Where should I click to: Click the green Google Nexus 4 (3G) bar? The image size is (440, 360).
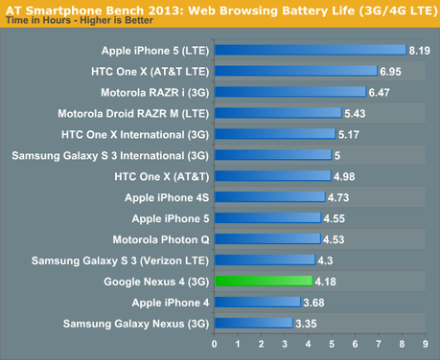[x=263, y=281]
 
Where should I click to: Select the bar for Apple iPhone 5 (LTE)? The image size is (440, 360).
[x=309, y=50]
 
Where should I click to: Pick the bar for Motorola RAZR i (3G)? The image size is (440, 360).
[x=289, y=92]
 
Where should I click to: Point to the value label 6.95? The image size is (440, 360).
[x=390, y=71]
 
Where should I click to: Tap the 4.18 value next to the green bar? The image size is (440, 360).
[x=325, y=281]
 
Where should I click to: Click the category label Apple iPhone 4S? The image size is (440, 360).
[x=166, y=197]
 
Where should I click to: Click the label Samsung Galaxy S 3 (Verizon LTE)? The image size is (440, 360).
[x=120, y=260]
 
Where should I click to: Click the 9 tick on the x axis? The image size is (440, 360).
[x=426, y=344]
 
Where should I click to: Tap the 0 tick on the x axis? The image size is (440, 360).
[x=214, y=344]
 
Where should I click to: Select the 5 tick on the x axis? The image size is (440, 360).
[x=332, y=344]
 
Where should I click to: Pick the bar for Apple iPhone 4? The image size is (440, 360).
[x=257, y=302]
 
